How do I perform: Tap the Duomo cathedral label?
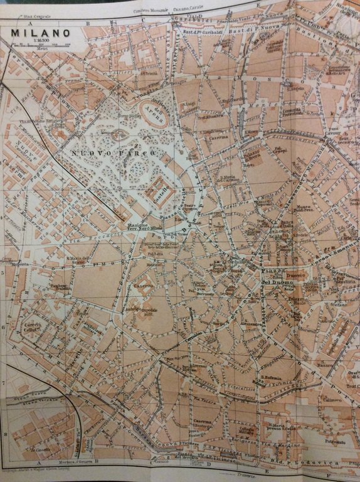pos(295,275)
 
